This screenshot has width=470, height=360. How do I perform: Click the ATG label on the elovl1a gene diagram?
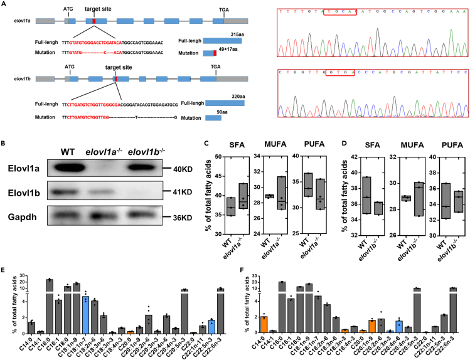(69, 10)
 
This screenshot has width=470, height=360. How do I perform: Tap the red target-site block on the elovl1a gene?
(94, 21)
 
